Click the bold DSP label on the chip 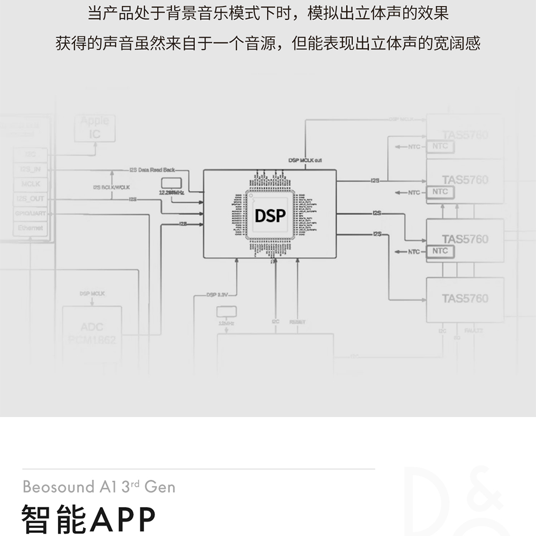tap(270, 215)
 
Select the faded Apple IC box tap(94, 128)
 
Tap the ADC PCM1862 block tap(92, 333)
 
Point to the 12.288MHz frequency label tap(172, 192)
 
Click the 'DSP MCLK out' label tap(305, 160)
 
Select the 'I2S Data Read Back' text tap(152, 170)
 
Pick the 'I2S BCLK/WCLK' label tap(111, 187)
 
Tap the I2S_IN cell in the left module tap(30, 169)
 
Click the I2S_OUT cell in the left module tap(30, 199)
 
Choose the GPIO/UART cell tap(30, 213)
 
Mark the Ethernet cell tap(30, 228)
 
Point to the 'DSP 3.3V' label tap(218, 294)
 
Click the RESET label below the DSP tap(297, 322)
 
